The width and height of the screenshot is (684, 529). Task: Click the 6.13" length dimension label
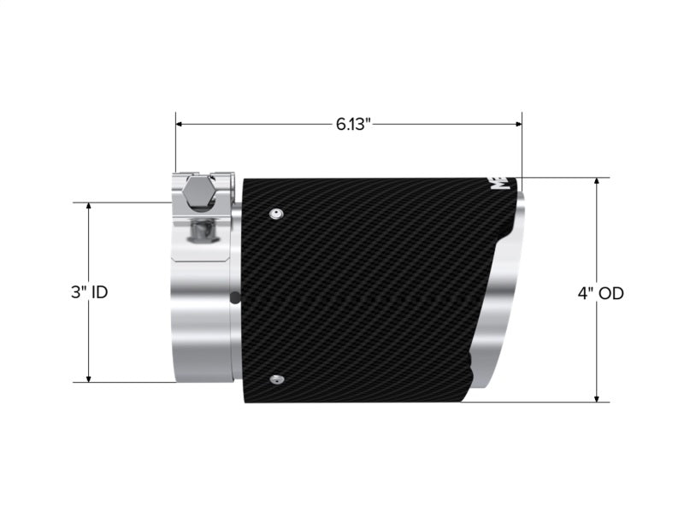coord(352,124)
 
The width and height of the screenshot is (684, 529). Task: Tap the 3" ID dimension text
coord(89,292)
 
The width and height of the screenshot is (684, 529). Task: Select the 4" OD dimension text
coord(600,293)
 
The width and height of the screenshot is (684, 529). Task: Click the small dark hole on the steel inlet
coord(236,298)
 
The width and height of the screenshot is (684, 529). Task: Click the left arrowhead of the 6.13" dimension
coord(180,124)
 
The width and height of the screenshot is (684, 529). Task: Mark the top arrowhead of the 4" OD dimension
coord(596,182)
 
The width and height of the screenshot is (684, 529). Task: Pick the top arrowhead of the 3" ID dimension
coord(88,207)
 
